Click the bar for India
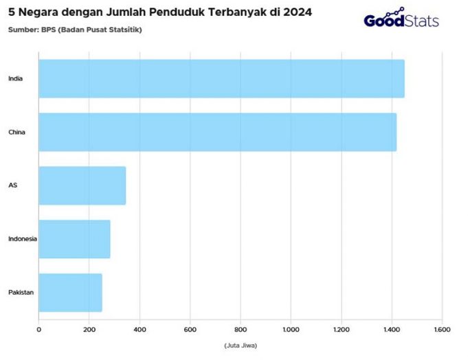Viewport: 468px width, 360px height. coord(221,78)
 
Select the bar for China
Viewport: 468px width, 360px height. coord(217,132)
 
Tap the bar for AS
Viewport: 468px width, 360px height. coord(82,185)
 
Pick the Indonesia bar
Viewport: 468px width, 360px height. coord(74,239)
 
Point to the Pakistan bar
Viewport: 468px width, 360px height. coord(70,293)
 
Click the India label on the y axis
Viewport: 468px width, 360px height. coord(15,78)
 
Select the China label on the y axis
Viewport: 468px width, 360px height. coord(16,132)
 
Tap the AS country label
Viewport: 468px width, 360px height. coord(12,185)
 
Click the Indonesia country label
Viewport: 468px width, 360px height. coord(22,239)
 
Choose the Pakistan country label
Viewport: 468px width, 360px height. coord(21,293)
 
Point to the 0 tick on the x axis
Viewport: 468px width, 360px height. coord(38,330)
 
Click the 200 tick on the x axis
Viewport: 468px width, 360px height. coord(89,330)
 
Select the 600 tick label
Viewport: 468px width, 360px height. coord(190,330)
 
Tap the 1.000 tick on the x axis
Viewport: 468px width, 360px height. coord(291,330)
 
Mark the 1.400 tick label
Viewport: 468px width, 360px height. coord(392,330)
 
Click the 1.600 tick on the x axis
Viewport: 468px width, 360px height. coord(442,330)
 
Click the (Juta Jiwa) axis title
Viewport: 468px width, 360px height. coord(241,345)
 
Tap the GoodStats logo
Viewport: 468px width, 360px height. coord(401,19)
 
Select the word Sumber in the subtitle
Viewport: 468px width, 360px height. coord(23,29)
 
